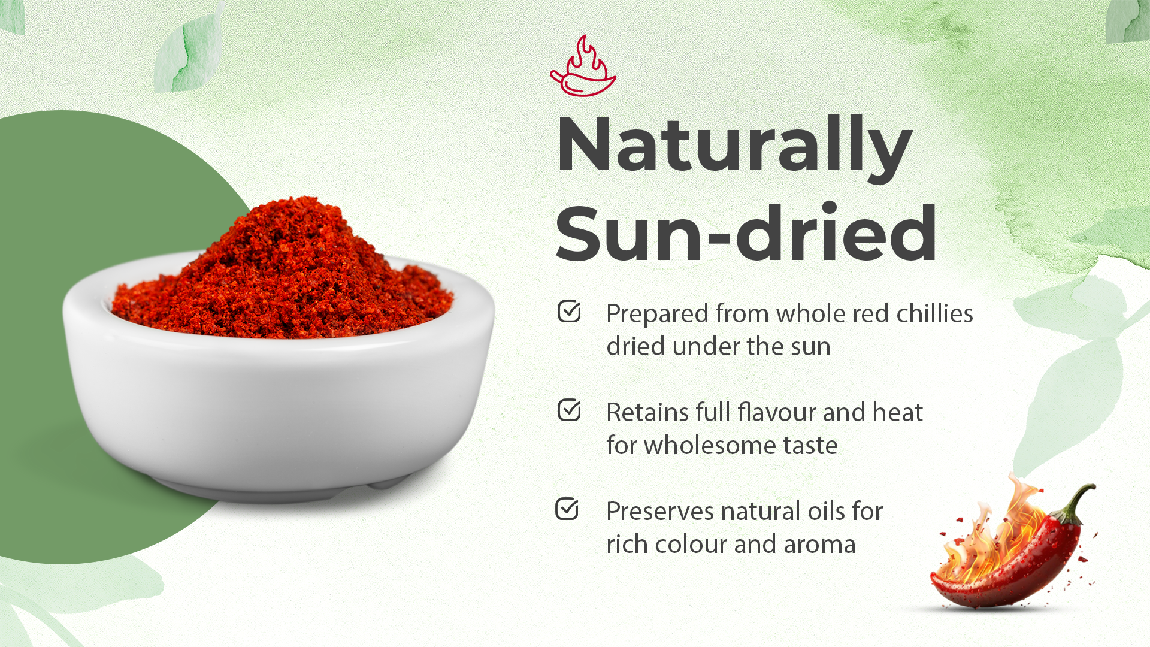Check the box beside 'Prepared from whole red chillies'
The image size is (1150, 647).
569,311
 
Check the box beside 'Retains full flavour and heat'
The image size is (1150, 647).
569,410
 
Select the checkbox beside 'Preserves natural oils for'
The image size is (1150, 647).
567,509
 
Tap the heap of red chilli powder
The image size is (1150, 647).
282,273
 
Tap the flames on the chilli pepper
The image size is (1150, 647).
994,533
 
